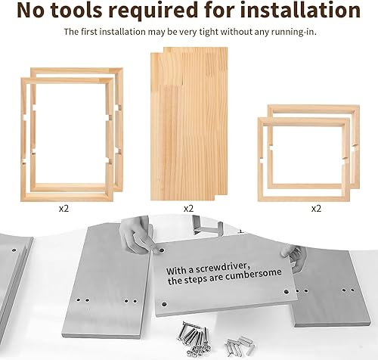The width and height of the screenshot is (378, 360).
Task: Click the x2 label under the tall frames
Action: coord(70,206)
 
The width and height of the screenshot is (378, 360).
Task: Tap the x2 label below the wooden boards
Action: coord(187,206)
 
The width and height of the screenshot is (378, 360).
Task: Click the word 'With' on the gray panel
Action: coord(167,272)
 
